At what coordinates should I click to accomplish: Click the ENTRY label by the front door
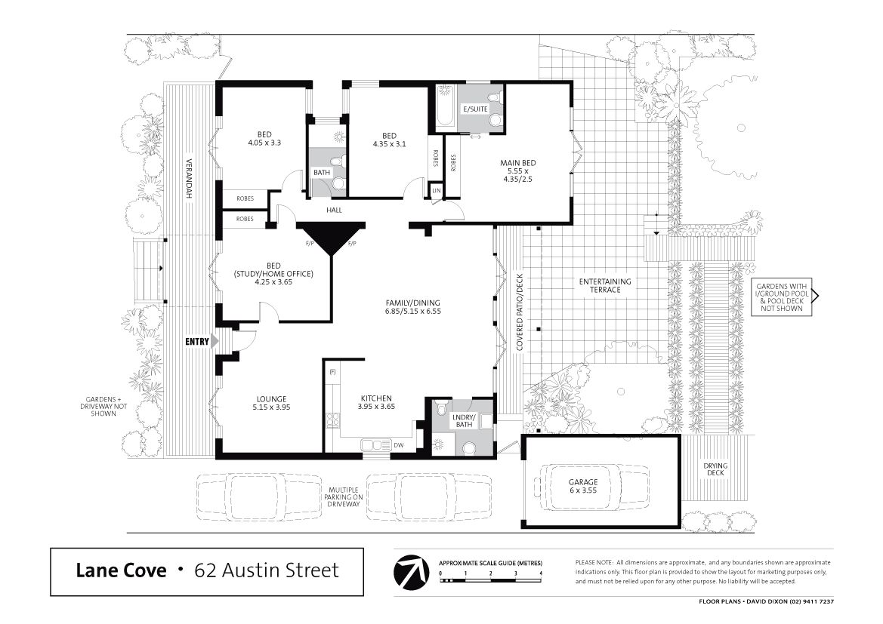pyautogui.click(x=196, y=341)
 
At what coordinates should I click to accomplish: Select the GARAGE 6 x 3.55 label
pyautogui.click(x=583, y=486)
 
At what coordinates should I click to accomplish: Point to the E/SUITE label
pyautogui.click(x=475, y=109)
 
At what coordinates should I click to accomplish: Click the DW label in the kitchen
pyautogui.click(x=399, y=445)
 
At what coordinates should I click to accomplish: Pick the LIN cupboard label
pyautogui.click(x=437, y=191)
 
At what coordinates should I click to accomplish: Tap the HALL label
pyautogui.click(x=334, y=210)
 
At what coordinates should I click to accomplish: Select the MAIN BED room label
pyautogui.click(x=517, y=171)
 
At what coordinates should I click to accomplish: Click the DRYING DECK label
pyautogui.click(x=715, y=469)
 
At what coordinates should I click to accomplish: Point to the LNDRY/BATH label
pyautogui.click(x=464, y=420)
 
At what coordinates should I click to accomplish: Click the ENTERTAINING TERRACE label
pyautogui.click(x=605, y=285)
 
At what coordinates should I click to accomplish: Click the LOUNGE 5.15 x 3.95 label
pyautogui.click(x=271, y=403)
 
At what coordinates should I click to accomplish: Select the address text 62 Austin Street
pyautogui.click(x=267, y=570)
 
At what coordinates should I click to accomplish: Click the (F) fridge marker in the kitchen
pyautogui.click(x=332, y=372)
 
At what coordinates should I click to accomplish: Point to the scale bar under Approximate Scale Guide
pyautogui.click(x=490, y=579)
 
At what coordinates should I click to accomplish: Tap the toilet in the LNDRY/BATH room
pyautogui.click(x=468, y=448)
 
